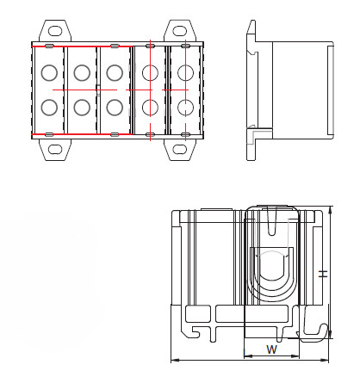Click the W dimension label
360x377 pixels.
point(271,349)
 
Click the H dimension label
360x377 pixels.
point(324,274)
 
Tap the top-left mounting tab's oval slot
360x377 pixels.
point(55,31)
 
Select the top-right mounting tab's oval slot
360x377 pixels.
point(180,31)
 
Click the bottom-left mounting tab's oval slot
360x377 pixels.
point(55,150)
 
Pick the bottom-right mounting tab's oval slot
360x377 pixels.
point(180,150)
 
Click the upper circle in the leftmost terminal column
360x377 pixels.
point(49,73)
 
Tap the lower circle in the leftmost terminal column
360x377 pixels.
point(49,108)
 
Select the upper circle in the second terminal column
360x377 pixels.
point(82,73)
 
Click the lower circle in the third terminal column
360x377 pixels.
point(115,108)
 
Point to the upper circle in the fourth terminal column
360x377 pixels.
point(150,73)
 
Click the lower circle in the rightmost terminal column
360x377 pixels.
point(185,108)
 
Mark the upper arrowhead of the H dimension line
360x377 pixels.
point(331,210)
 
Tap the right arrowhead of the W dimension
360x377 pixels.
point(295,356)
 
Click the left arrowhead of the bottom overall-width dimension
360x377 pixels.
point(176,360)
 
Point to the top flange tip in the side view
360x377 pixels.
point(252,22)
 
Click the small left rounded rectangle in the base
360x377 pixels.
point(198,313)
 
